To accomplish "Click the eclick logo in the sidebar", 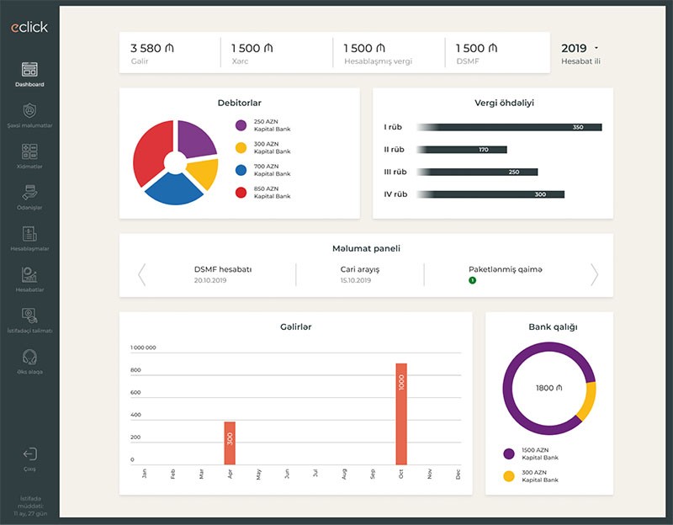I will [29, 27].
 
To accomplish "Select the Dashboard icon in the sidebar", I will [29, 70].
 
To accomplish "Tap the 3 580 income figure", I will [151, 48].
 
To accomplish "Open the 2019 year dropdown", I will [580, 48].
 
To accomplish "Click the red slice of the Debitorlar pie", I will [151, 151].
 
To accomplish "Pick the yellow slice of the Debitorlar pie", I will [203, 172].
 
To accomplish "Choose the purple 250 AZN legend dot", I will [241, 125].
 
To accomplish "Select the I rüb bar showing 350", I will [510, 127].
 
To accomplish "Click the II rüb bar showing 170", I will [463, 150].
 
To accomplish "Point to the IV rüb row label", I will [395, 194].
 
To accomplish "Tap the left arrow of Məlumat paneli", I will [141, 274].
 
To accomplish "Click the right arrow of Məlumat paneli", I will [594, 274].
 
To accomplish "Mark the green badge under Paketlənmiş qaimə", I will [472, 279].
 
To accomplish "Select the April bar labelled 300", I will [230, 443].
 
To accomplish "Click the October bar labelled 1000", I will [401, 414].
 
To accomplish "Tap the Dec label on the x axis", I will [458, 475].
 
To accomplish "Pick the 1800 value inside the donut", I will [548, 388].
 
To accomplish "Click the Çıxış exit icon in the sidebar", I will [29, 455].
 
